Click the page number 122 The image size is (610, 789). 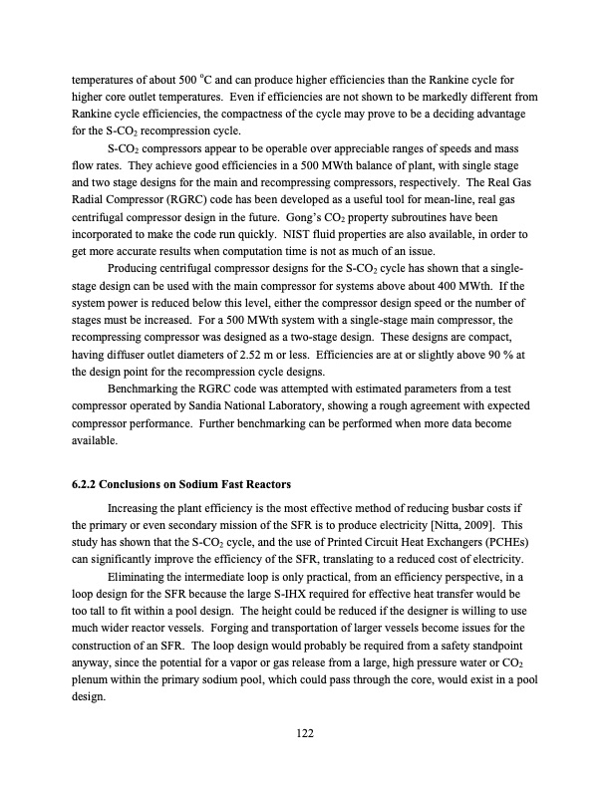click(x=305, y=733)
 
